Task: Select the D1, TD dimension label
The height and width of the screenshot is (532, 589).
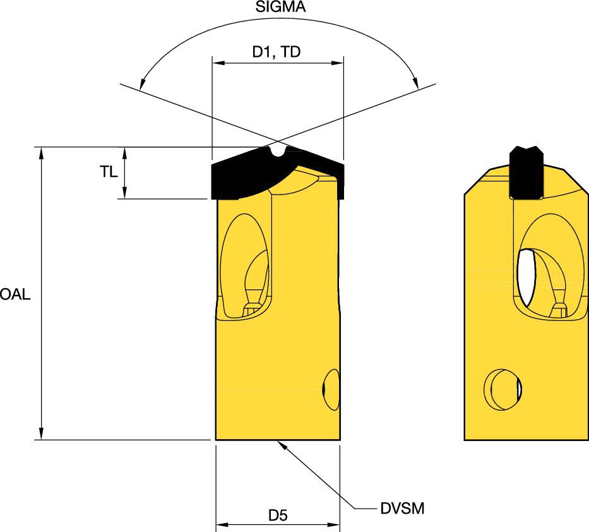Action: [277, 52]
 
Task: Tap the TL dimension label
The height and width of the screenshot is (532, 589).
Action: [109, 171]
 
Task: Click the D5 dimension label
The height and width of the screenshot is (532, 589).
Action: [278, 515]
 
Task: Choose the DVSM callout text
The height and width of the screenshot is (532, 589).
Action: [407, 507]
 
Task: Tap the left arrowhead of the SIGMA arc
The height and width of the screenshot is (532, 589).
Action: [142, 82]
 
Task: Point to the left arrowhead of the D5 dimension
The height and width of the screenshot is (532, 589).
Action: [221, 524]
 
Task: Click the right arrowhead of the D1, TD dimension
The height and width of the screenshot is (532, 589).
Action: [338, 63]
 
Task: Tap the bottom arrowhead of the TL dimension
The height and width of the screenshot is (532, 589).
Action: [125, 194]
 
